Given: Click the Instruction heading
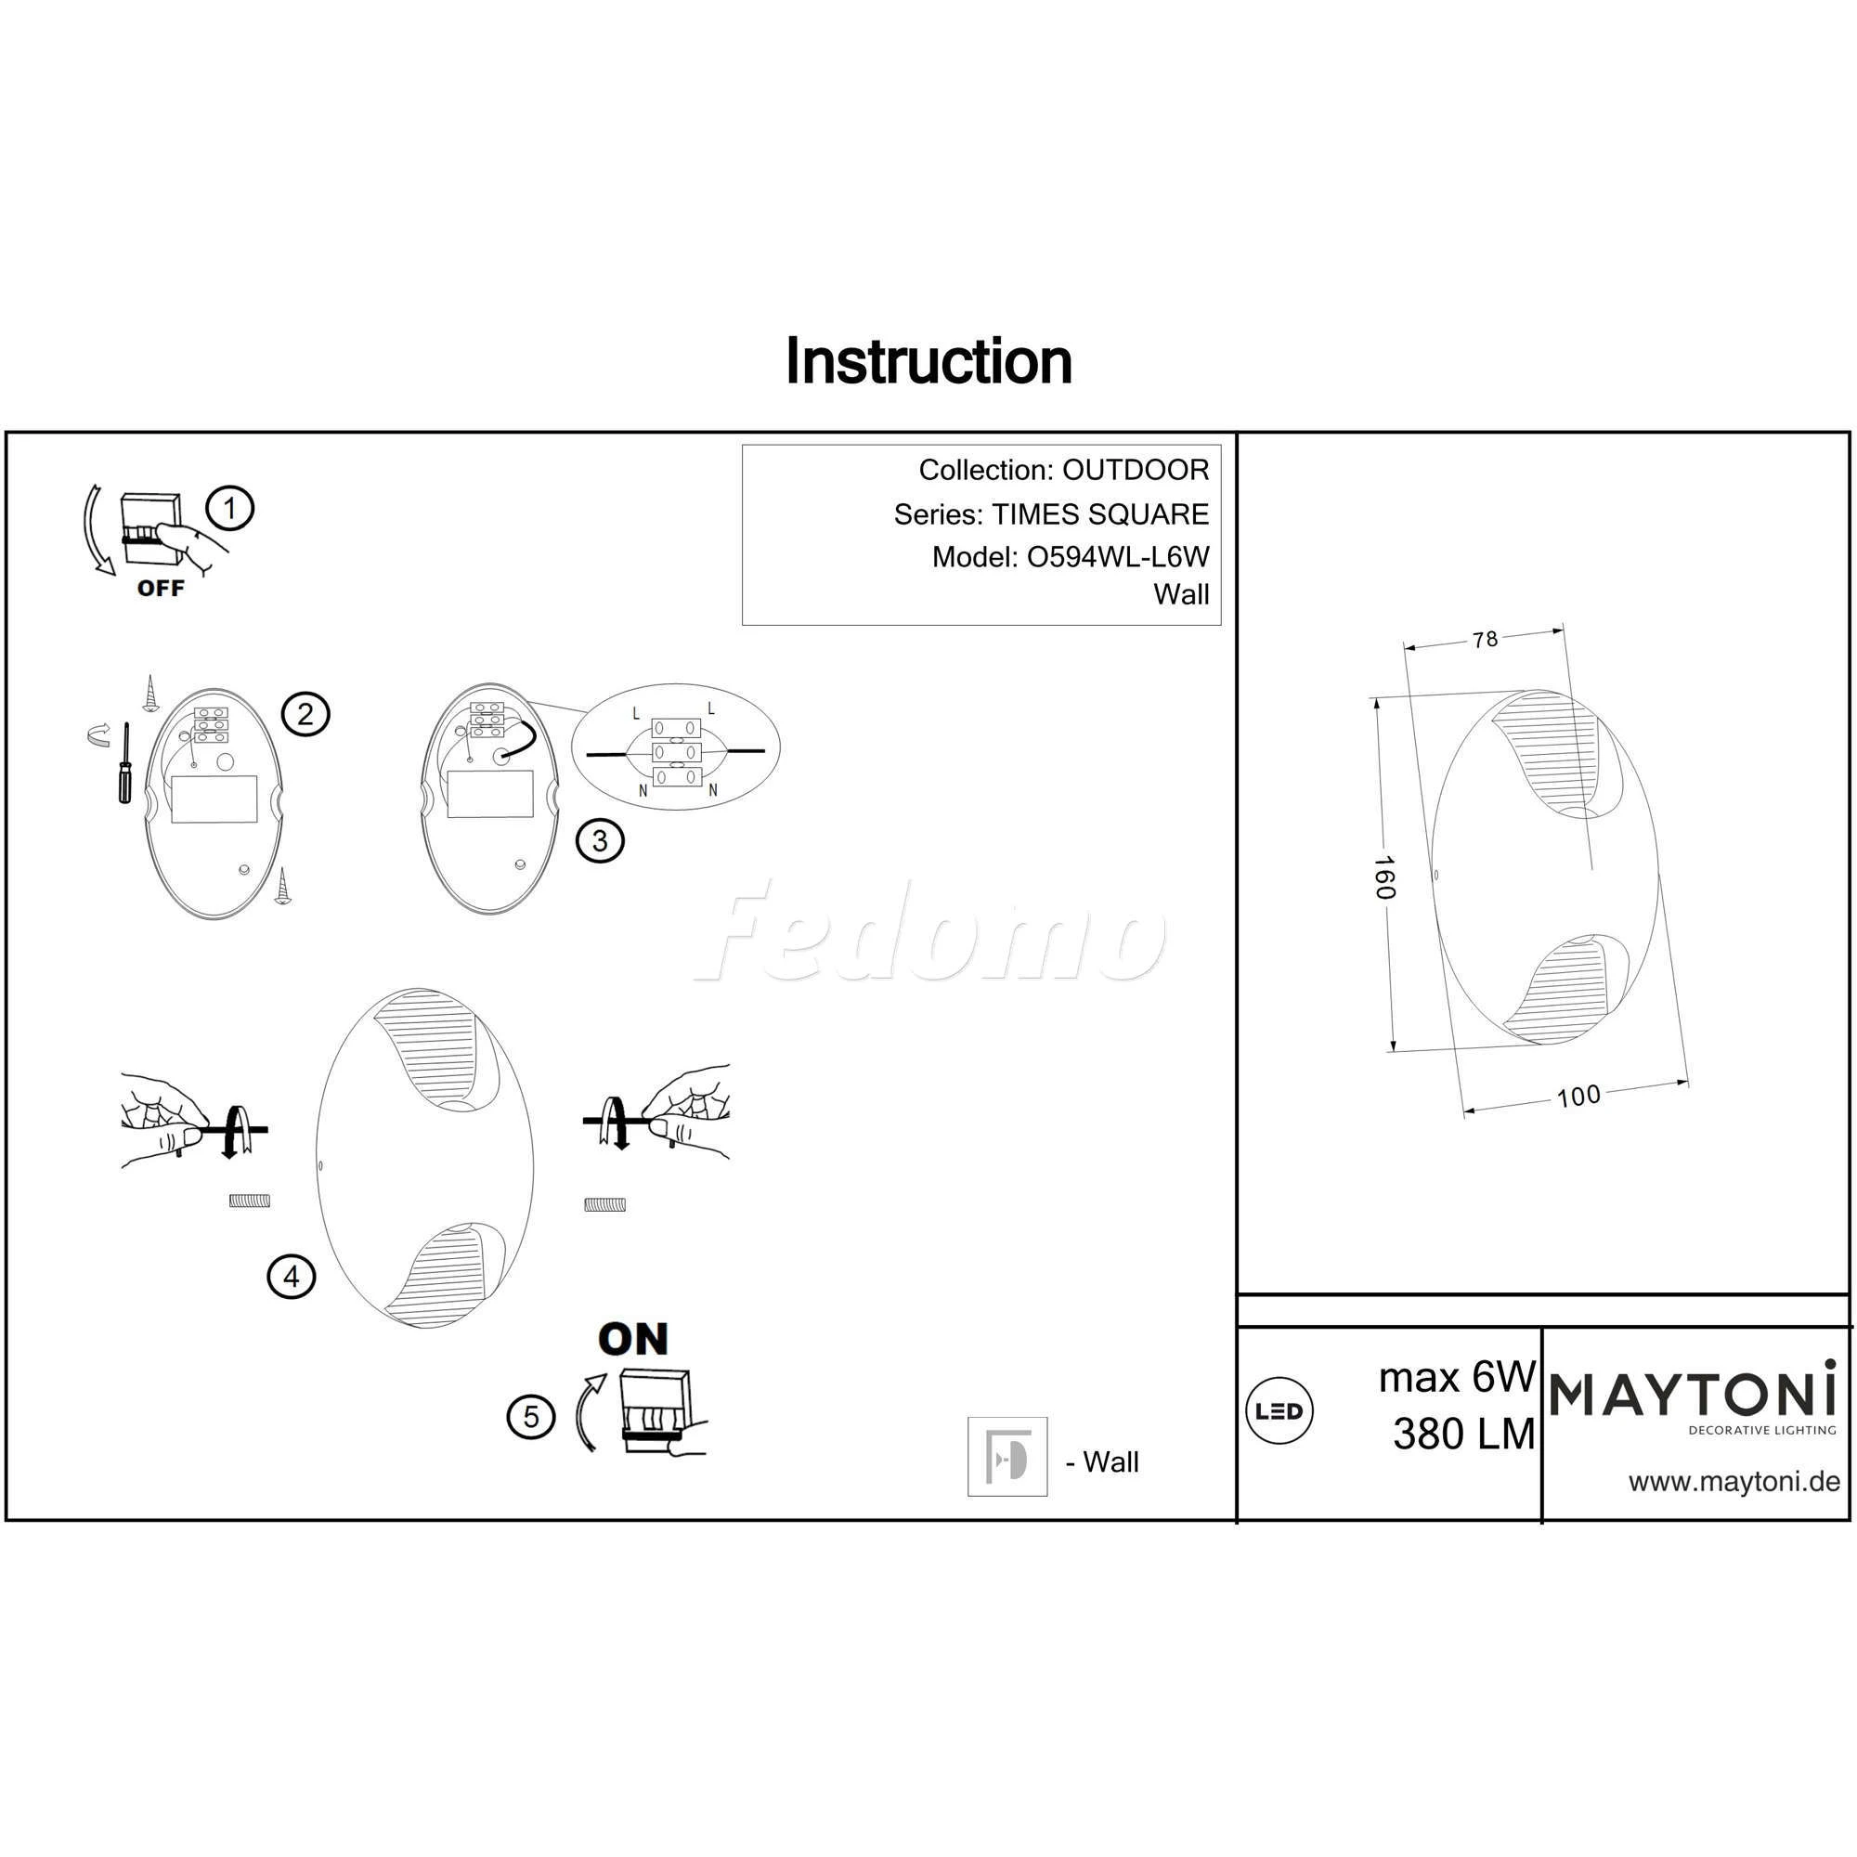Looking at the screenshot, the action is (x=928, y=361).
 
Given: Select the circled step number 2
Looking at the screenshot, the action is (x=305, y=714).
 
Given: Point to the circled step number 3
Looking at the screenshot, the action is (x=600, y=841).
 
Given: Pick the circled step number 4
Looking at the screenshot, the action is (x=292, y=1277).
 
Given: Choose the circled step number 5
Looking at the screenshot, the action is (x=531, y=1416).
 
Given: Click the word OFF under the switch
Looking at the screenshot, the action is (x=161, y=589).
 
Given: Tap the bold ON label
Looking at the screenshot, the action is (x=632, y=1339).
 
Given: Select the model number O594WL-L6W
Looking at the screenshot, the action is (x=1118, y=556).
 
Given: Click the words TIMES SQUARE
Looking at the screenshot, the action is (x=1100, y=514).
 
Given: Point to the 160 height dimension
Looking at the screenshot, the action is (x=1383, y=877).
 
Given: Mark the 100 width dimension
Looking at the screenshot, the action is (x=1578, y=1096).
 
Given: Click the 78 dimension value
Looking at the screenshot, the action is (x=1485, y=638).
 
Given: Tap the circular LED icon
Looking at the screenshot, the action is (x=1279, y=1411).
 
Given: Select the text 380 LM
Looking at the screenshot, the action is (x=1464, y=1435).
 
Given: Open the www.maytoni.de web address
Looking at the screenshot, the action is (x=1734, y=1481).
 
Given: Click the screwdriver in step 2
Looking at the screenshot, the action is (x=124, y=765).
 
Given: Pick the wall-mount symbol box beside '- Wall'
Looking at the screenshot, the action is (x=1007, y=1456).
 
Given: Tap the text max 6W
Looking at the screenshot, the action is (x=1457, y=1377).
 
